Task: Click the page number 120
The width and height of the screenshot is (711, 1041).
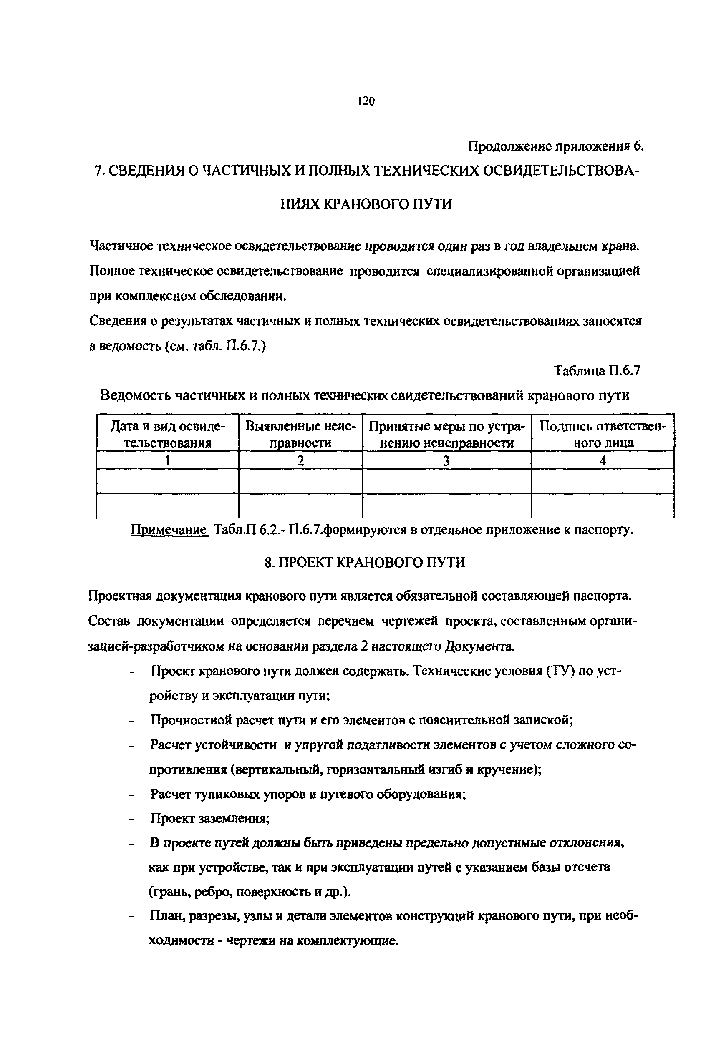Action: pos(366,101)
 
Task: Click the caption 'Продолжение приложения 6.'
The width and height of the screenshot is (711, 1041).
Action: pos(555,146)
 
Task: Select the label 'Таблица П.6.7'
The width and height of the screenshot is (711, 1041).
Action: pos(597,370)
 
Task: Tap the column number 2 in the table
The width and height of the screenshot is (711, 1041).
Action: pos(300,460)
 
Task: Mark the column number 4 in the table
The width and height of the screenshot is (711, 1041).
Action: pos(603,460)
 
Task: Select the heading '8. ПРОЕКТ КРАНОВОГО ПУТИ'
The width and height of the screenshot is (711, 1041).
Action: pos(365,562)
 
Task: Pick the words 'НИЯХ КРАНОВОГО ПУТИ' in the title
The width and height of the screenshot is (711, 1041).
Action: pos(366,204)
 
